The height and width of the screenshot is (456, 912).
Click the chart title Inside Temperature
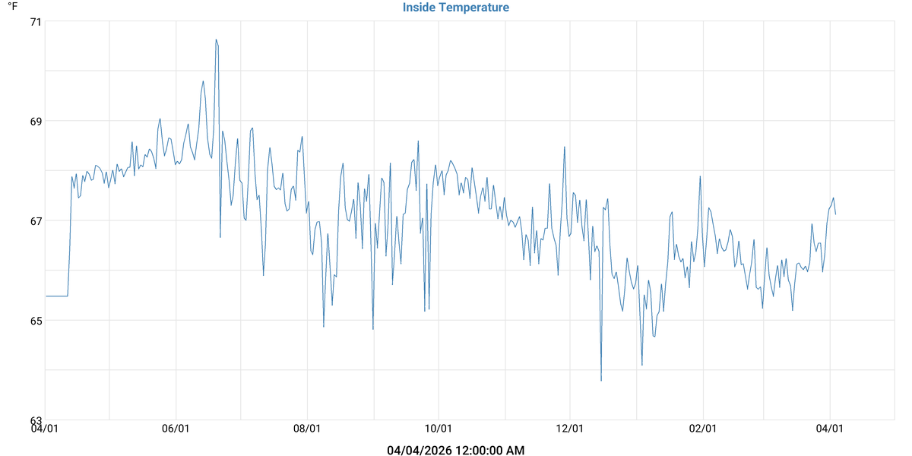(x=456, y=8)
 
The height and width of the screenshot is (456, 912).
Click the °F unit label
(x=12, y=6)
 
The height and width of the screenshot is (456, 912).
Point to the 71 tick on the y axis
(x=35, y=21)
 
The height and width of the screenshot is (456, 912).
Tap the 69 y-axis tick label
(x=35, y=121)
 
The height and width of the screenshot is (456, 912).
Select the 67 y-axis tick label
(x=35, y=220)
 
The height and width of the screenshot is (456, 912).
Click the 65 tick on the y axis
(x=35, y=320)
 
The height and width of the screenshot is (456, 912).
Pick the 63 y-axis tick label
(x=35, y=420)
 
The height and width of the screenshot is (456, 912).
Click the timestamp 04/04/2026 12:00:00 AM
(x=456, y=450)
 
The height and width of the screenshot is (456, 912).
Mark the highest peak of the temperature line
(x=216, y=40)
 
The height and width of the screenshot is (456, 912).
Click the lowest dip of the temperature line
(x=601, y=380)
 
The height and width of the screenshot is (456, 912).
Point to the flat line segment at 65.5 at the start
(x=57, y=296)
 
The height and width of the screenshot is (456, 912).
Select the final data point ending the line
(x=835, y=214)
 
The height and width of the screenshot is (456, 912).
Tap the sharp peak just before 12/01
(x=565, y=147)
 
